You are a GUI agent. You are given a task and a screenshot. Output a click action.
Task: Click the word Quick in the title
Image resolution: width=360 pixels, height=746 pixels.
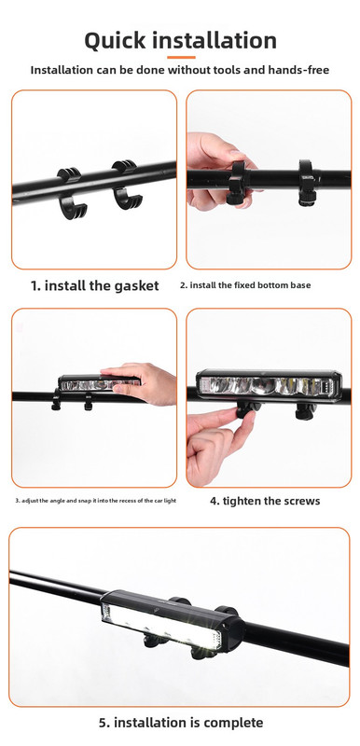coord(115,40)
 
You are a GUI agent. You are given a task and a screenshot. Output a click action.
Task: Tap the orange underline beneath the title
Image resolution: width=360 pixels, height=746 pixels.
coord(181,57)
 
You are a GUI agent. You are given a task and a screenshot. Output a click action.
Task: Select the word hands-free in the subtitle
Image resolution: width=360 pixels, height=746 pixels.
coord(298,70)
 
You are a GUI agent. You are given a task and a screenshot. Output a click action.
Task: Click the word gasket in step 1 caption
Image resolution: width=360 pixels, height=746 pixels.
coord(136,286)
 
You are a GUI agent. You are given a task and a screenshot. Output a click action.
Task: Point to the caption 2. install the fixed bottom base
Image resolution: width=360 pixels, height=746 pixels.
coord(245,285)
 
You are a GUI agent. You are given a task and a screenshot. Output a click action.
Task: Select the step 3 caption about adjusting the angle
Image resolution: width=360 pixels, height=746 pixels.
coord(95,501)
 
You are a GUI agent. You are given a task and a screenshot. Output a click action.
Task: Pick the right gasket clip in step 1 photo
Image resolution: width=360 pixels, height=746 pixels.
coord(126,185)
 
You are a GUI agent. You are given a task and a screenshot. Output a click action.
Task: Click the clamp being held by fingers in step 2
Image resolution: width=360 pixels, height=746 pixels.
coord(237,183)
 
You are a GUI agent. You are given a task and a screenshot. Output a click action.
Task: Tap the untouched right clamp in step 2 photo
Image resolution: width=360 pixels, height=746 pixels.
coord(307,183)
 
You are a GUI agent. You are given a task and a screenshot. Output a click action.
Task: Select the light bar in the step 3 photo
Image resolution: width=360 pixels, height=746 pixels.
coord(99,383)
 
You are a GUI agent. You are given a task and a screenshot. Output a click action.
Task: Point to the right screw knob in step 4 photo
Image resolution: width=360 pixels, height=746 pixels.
coord(305,411)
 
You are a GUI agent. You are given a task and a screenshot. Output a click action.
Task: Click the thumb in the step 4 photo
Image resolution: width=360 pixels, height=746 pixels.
coord(219,417)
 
